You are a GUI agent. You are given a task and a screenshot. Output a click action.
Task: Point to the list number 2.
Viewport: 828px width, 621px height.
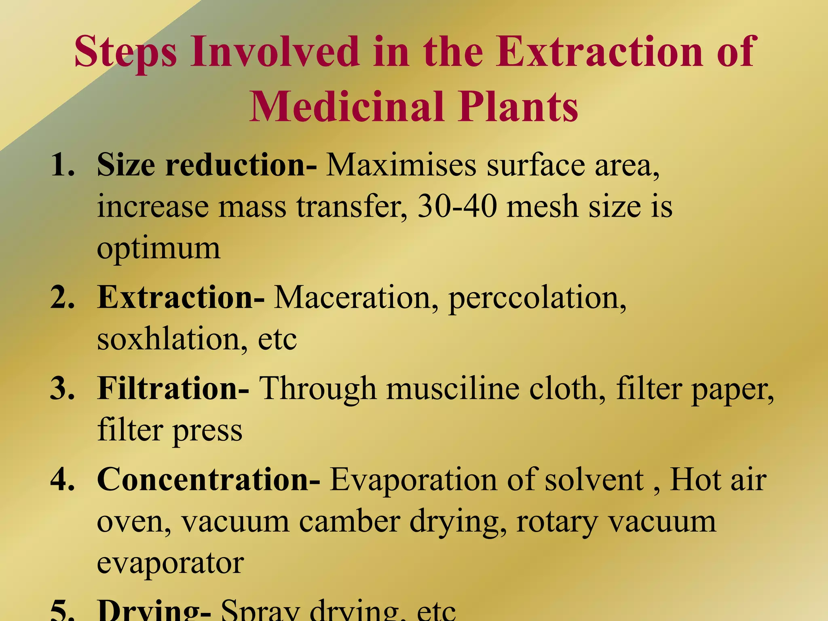tap(63, 297)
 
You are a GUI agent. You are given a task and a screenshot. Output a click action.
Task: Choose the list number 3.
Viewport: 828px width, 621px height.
tap(63, 388)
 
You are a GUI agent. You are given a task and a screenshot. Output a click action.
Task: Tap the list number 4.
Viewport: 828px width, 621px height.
tap(63, 479)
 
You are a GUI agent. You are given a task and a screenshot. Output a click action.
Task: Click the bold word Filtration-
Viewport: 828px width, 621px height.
tap(173, 388)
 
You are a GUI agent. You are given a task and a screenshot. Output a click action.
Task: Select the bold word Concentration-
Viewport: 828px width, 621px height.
tap(209, 479)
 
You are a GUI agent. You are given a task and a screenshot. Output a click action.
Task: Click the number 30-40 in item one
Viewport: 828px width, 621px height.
tap(457, 206)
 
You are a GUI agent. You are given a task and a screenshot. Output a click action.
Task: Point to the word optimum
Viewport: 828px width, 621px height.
tap(158, 249)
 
